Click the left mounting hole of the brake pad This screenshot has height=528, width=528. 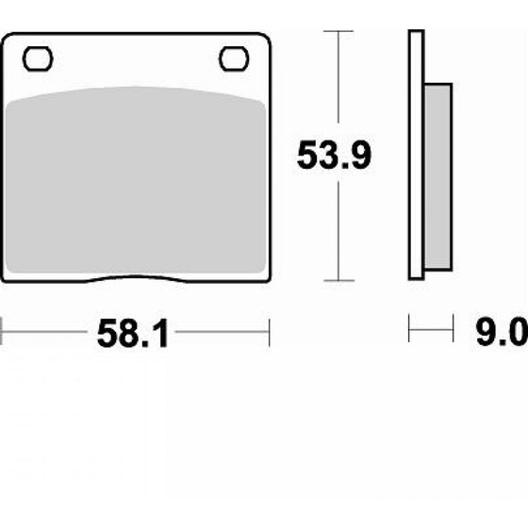pyautogui.click(x=37, y=59)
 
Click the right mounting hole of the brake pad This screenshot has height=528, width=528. pyautogui.click(x=233, y=58)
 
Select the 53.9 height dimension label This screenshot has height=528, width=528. pyautogui.click(x=334, y=156)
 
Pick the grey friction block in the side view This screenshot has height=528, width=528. pyautogui.click(x=438, y=175)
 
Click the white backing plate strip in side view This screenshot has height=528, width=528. pyautogui.click(x=414, y=156)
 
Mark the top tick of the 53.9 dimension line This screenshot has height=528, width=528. pyautogui.click(x=338, y=31)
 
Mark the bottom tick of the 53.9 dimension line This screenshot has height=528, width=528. pyautogui.click(x=338, y=281)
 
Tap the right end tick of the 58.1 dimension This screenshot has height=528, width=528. pyautogui.click(x=271, y=332)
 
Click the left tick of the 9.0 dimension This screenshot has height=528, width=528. pyautogui.click(x=409, y=331)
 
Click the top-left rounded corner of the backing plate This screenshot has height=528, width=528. pyautogui.click(x=8, y=40)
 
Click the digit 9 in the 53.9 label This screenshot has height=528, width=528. pyautogui.click(x=360, y=156)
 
